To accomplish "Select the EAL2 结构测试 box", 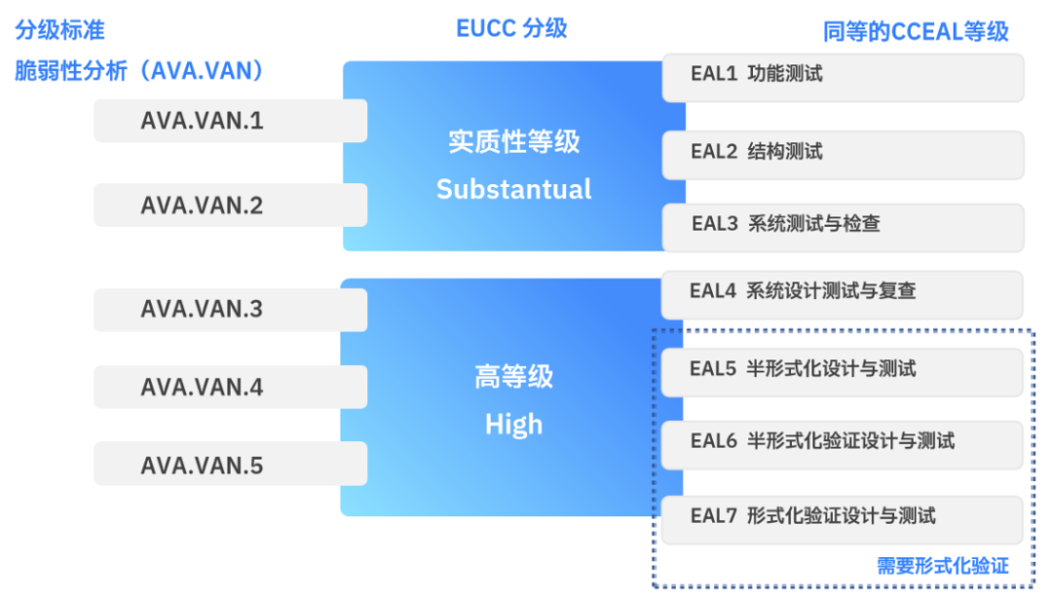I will pos(843,153).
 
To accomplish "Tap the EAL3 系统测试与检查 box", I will pos(843,225).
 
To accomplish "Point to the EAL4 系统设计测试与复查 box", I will pos(843,293).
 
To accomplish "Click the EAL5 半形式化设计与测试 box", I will pos(843,370).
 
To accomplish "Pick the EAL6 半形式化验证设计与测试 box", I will pos(843,443).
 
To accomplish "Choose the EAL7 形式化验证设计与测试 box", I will pos(843,518).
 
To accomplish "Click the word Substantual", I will pos(513,189).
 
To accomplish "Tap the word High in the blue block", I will pos(513,425).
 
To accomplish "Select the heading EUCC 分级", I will pos(511,28).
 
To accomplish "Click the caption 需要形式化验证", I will pos(942,566).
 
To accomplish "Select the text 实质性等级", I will pos(513,142).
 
